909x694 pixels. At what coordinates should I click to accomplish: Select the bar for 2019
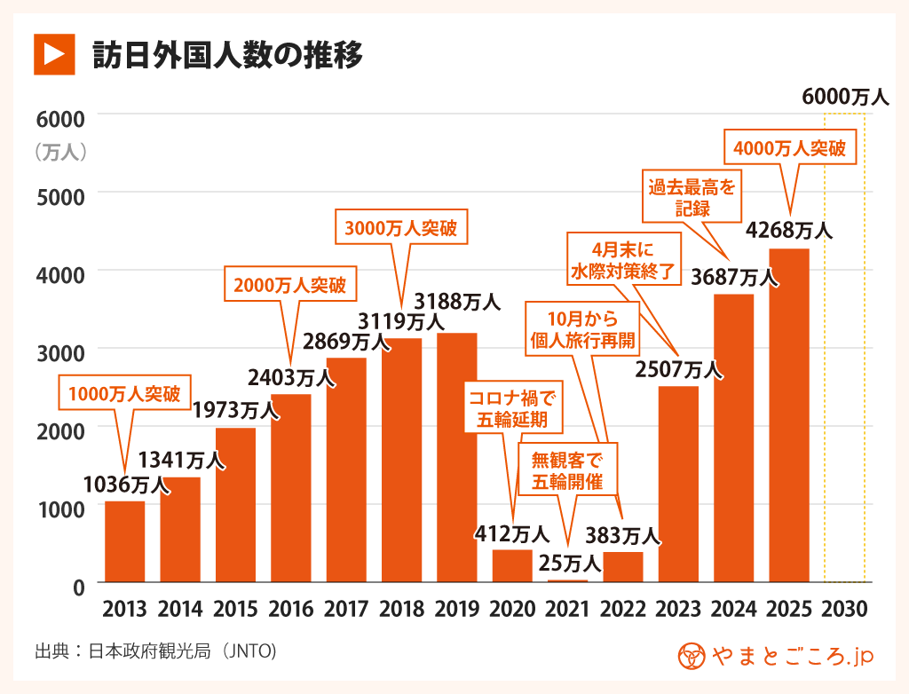click(x=456, y=457)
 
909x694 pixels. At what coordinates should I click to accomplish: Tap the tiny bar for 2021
click(x=567, y=580)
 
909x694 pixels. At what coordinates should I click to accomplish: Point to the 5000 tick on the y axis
click(x=59, y=194)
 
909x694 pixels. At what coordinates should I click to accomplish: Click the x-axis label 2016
click(x=291, y=610)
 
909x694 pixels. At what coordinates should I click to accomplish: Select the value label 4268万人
click(x=789, y=231)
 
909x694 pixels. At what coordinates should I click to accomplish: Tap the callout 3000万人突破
click(x=401, y=228)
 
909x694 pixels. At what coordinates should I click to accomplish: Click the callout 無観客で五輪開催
click(x=567, y=471)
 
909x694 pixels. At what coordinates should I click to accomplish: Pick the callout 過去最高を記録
click(x=692, y=198)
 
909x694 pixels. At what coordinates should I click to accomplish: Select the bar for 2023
click(x=678, y=484)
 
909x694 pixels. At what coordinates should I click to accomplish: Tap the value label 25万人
click(x=570, y=562)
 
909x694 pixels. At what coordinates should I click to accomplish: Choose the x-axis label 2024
click(x=733, y=610)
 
